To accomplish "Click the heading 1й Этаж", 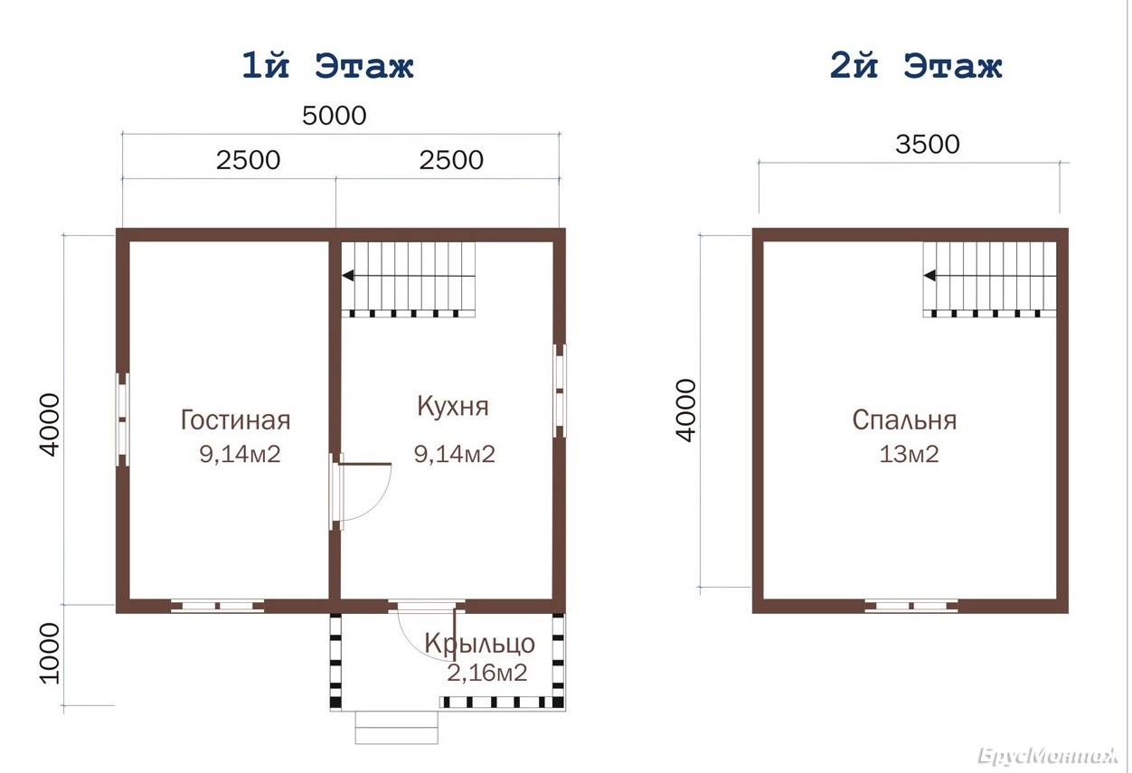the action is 328,65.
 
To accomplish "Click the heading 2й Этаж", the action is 916,65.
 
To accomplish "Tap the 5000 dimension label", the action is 334,116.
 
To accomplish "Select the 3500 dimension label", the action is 928,144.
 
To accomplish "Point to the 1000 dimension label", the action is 50,654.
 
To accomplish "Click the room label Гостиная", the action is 235,419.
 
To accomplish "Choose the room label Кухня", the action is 453,406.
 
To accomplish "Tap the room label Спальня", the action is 904,419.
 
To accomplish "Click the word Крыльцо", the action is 479,643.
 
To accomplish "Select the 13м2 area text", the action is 910,454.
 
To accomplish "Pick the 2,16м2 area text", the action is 487,673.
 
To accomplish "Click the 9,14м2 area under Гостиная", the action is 240,454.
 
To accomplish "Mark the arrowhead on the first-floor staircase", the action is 348,276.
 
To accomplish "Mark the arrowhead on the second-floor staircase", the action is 929,276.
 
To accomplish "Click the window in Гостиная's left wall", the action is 123,419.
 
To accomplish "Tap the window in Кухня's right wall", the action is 560,391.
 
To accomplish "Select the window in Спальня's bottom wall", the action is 911,606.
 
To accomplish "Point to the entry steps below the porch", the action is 397,728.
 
